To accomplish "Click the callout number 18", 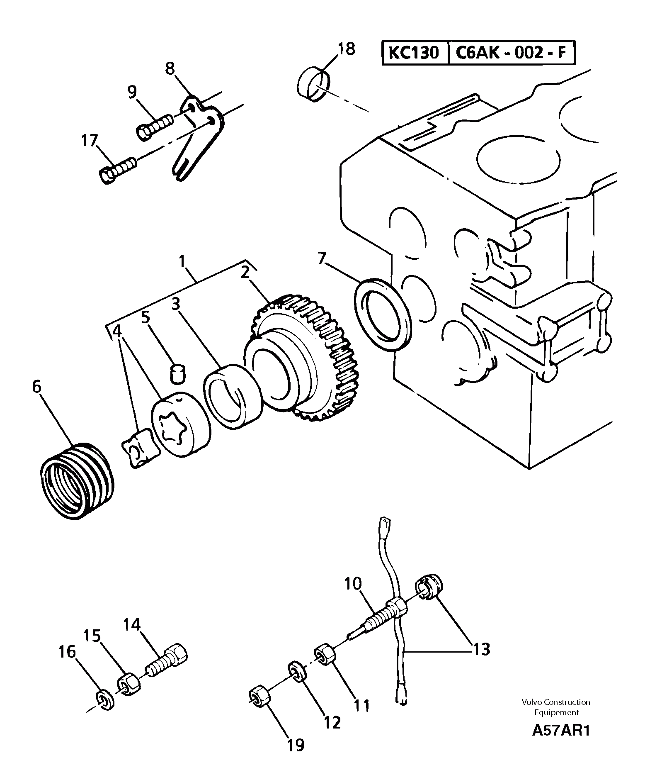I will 346,49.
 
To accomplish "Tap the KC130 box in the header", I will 414,53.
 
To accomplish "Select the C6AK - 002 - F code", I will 511,53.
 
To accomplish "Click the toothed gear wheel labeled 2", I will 305,357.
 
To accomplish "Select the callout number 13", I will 481,649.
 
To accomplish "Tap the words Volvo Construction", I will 556,702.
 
